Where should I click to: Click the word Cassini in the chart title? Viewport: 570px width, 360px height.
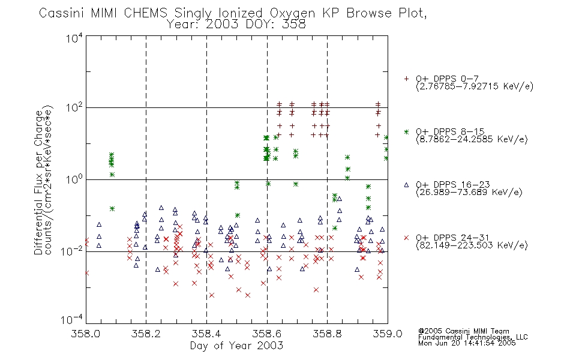tap(61, 13)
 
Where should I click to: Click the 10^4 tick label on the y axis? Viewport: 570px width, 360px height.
tap(74, 38)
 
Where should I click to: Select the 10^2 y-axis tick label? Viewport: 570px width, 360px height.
tap(74, 108)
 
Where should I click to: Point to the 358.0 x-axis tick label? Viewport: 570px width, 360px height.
tap(86, 334)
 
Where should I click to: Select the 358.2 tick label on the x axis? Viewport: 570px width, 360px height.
tap(146, 334)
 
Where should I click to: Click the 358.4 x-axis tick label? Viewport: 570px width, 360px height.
tap(206, 334)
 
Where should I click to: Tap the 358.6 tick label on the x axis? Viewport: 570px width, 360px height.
tap(266, 334)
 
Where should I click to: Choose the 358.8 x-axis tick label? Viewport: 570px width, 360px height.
tap(327, 334)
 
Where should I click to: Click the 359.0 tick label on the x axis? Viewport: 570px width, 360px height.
tap(388, 334)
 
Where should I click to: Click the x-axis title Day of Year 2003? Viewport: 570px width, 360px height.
tap(236, 346)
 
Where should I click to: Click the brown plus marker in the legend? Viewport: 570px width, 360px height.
tap(406, 79)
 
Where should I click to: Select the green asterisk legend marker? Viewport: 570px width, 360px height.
tap(406, 132)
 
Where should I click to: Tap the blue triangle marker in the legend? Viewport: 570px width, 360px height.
tap(406, 185)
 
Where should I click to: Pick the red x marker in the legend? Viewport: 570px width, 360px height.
tap(406, 238)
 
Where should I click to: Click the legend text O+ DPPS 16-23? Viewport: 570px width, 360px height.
tap(453, 185)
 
